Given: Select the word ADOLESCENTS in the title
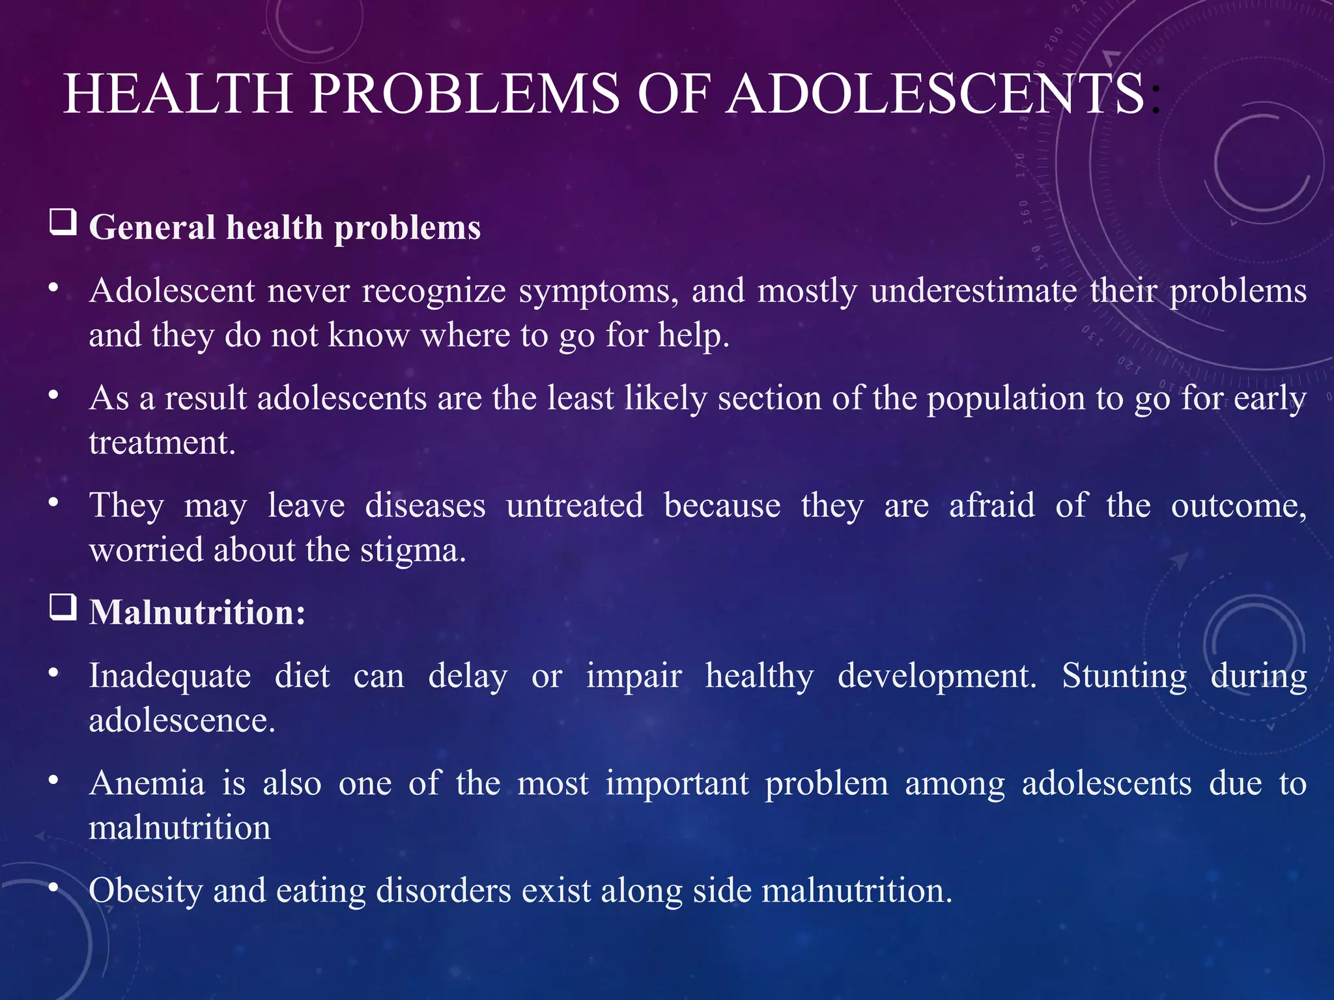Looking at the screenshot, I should point(935,94).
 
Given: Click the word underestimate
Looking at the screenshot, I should point(973,290).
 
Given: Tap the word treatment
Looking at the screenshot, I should point(162,443).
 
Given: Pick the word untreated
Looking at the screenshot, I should point(575,505).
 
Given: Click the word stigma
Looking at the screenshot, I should point(413,551).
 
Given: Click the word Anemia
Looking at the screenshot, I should point(147,783).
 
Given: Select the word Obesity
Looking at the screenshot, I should point(145,891).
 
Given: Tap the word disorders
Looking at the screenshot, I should point(444,890).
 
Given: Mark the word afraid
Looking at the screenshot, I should point(991,505).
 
